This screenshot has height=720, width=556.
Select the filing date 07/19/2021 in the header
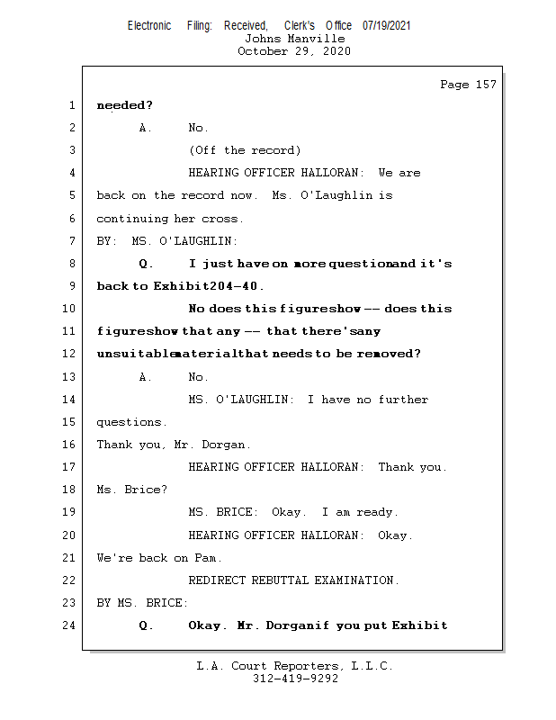[387, 26]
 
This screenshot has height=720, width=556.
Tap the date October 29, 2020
[294, 51]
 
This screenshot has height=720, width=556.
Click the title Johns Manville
[294, 39]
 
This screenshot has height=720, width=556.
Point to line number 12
[71, 354]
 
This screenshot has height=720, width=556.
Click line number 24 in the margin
[71, 625]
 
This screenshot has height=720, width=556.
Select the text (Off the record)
[245, 150]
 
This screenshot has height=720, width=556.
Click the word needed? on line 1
[124, 105]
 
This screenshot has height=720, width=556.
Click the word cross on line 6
[223, 219]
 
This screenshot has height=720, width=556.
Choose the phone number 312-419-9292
[295, 679]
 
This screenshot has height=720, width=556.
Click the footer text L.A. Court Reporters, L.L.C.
[295, 666]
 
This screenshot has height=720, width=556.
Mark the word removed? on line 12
[389, 354]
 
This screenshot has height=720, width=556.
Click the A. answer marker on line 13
[145, 377]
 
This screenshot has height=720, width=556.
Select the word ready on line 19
[376, 512]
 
